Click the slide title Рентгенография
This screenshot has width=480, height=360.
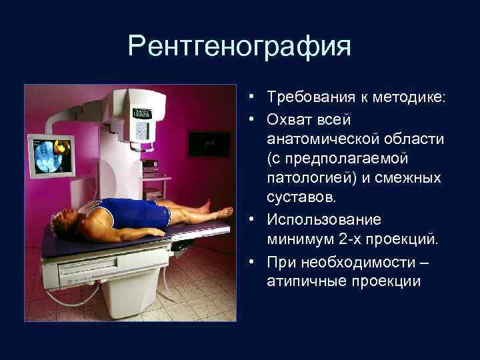[x=239, y=46]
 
